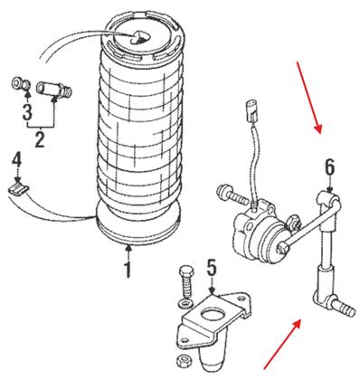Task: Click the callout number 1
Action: coord(128,270)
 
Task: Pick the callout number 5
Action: coord(211,268)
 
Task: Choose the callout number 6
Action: coord(330,166)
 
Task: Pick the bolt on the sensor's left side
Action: coord(230,194)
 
